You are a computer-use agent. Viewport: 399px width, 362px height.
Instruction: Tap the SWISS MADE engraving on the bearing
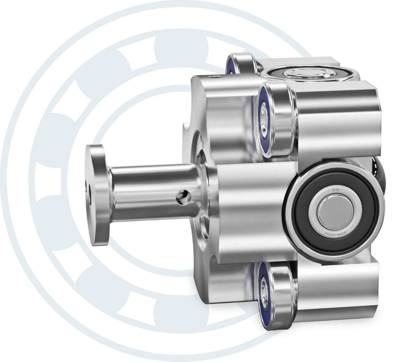336,234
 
